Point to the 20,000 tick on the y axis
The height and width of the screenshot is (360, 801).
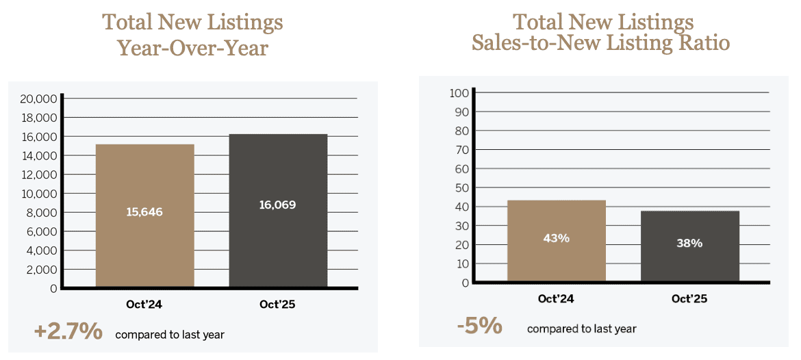click(38, 99)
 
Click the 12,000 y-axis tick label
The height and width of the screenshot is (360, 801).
click(38, 175)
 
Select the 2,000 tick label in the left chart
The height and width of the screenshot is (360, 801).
click(42, 270)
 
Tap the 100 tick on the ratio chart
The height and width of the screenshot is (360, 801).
click(459, 92)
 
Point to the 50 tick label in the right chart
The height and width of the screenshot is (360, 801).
click(461, 188)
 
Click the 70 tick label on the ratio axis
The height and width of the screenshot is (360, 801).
click(461, 149)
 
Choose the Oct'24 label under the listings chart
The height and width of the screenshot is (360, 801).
click(144, 305)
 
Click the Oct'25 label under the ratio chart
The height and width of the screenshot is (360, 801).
click(689, 298)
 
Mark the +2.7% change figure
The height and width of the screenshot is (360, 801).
click(68, 333)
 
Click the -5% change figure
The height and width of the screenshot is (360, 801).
click(479, 326)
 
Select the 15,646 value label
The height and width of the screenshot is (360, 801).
click(144, 212)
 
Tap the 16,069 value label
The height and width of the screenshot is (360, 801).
click(277, 205)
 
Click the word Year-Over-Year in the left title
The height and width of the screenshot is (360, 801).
click(192, 47)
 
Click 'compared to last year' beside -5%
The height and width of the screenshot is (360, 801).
click(581, 329)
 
